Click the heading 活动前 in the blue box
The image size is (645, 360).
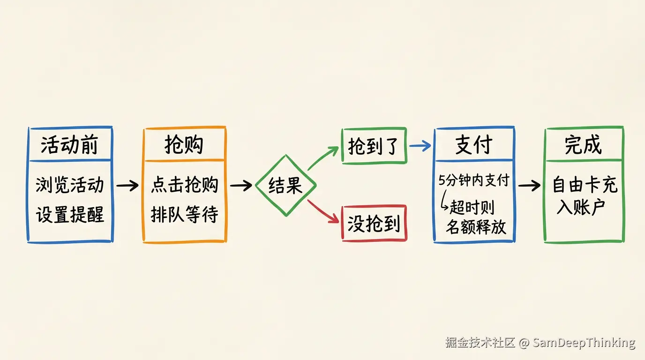(x=69, y=145)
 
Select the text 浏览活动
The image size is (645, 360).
(x=69, y=185)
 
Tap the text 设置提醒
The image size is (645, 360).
(x=69, y=215)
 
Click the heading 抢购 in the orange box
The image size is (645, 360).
(x=184, y=145)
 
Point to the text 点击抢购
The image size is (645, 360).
(x=184, y=185)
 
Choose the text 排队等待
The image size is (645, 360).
(x=184, y=215)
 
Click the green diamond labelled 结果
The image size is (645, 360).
(x=285, y=186)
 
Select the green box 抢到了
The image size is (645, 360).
(x=374, y=146)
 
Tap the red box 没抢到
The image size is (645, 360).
(x=374, y=224)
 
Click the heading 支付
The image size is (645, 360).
(x=473, y=145)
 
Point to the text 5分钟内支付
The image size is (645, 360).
(x=473, y=180)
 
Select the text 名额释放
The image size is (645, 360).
(x=475, y=227)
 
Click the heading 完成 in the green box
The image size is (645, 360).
(x=583, y=145)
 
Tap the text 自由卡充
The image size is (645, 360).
(x=585, y=185)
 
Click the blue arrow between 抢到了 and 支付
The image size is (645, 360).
(x=420, y=146)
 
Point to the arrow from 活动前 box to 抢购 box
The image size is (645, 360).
(x=127, y=186)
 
